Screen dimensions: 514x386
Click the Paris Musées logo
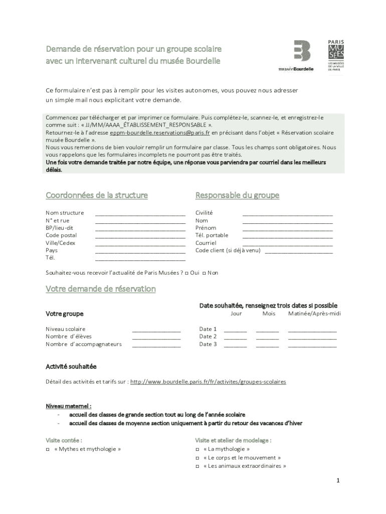point(337,55)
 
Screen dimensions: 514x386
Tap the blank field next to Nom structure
point(140,213)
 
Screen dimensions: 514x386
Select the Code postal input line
point(140,236)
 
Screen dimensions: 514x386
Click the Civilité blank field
point(287,213)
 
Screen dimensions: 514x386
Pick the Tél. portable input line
point(287,236)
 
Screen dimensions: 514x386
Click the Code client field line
point(298,251)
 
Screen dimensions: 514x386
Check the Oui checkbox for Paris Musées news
point(186,273)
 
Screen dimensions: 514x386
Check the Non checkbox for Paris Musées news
point(205,273)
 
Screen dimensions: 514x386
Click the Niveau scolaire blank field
point(156,330)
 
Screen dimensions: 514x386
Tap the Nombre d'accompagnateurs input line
point(156,345)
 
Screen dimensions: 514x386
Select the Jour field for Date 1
point(235,330)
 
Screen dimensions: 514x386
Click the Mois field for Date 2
point(267,337)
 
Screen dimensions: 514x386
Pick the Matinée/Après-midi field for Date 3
point(312,345)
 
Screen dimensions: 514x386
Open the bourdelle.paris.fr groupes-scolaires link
point(208,382)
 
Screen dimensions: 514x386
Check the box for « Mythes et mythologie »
point(48,450)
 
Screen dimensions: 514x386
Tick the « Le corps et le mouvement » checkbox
point(198,458)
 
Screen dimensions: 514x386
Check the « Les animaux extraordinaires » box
point(198,466)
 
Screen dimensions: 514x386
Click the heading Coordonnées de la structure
point(97,195)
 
